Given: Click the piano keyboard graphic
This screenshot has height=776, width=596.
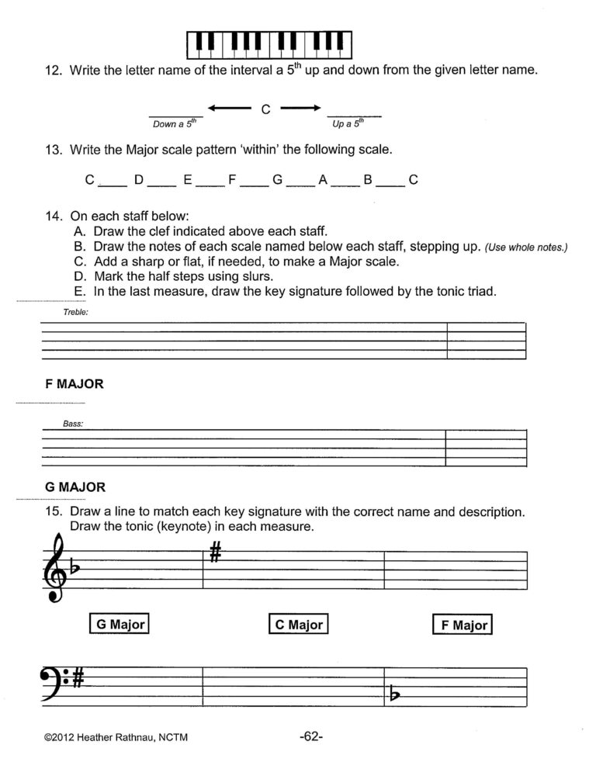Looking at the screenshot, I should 269,44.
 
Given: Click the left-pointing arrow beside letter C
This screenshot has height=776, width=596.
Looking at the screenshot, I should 229,108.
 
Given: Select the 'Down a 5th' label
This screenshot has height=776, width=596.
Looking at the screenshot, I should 176,123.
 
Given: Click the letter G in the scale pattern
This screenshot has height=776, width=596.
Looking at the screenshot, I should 276,180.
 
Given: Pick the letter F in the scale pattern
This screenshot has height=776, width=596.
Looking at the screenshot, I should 231,180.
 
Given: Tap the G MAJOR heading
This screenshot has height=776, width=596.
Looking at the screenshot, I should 75,487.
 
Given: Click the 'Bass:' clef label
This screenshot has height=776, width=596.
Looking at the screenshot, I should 74,424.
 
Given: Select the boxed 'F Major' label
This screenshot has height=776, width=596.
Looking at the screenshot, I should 463,625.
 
